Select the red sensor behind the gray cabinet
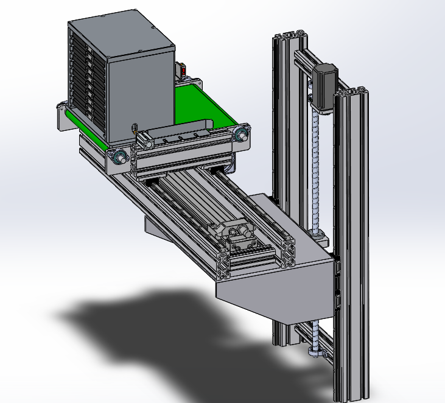pyautogui.click(x=182, y=71)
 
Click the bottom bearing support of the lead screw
pyautogui.click(x=316, y=351)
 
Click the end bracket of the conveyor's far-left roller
pyautogui.click(x=61, y=116)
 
